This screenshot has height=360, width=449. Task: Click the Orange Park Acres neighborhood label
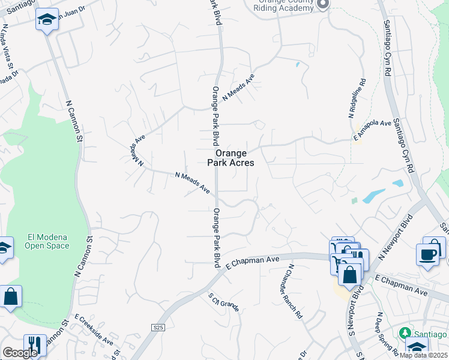pos(231,158)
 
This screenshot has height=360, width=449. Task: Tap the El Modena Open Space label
pos(47,241)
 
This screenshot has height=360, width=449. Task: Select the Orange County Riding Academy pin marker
pos(323,5)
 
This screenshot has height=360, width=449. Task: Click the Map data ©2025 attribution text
pos(424,355)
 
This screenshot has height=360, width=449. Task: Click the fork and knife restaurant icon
pos(35,345)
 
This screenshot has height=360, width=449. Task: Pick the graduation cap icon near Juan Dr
pos(47,20)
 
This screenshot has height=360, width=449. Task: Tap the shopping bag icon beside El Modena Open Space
pos(10,297)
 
